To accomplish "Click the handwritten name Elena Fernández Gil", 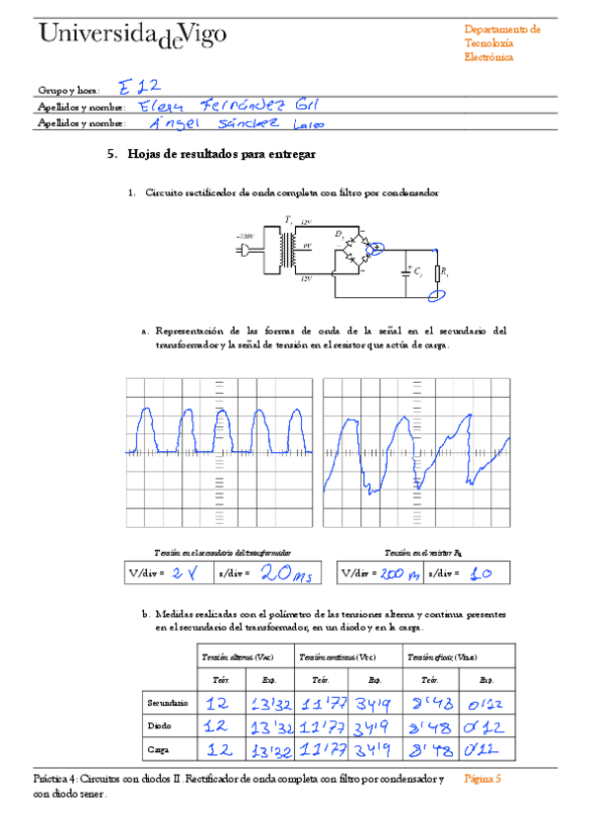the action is coord(226,105).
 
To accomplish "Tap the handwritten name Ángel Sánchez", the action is coord(235,123).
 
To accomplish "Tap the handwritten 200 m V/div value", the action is coord(400,572).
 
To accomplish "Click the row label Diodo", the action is coord(161,726).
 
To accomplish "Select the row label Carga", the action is coord(161,749).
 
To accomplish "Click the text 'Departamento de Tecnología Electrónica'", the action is coord(502,43).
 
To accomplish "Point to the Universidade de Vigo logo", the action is coord(132,34).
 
